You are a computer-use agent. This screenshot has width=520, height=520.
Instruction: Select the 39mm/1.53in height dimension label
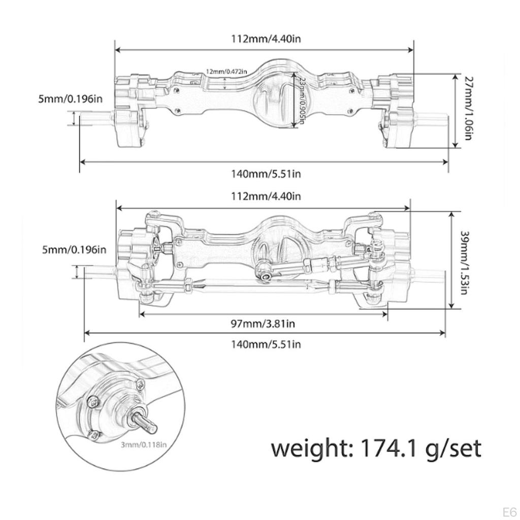464,262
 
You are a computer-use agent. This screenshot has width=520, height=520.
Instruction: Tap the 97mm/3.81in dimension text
263,323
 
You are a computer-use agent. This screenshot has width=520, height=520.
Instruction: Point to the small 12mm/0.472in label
226,71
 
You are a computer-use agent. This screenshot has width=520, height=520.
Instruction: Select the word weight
310,448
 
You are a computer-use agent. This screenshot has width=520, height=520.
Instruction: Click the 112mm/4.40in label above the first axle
263,39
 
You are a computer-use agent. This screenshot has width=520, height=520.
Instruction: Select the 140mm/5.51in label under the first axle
266,174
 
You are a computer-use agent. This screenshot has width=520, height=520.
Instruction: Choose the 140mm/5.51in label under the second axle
266,344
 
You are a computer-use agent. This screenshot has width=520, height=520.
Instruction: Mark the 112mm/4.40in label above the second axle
263,196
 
